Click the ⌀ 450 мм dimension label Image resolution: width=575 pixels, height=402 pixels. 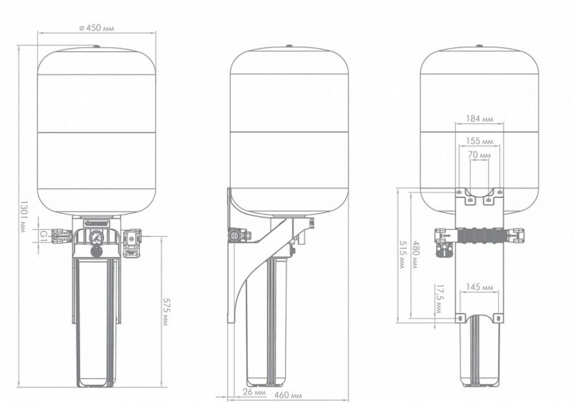coord(97,28)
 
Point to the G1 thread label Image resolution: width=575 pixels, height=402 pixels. coord(44,234)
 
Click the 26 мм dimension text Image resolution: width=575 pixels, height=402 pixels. coord(254,392)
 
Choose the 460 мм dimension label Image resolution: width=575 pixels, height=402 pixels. coord(288,395)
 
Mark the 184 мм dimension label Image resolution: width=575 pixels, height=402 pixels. coord(480,119)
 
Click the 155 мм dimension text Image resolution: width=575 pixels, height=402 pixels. coord(480,141)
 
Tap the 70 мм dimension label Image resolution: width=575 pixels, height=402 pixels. coord(480,155)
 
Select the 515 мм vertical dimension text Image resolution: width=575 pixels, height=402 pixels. coord(402,255)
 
